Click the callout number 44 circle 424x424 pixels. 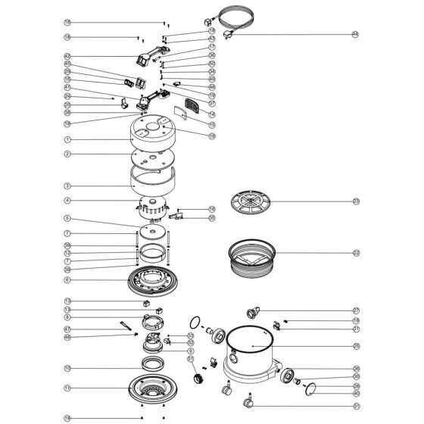354,34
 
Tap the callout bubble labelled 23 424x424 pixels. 355,201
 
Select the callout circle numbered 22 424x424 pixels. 355,253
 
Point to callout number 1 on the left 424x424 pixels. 67,139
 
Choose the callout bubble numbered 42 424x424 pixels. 67,56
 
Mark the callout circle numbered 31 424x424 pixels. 355,406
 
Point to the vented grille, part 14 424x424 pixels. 194,101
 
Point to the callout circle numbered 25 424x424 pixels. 355,346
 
